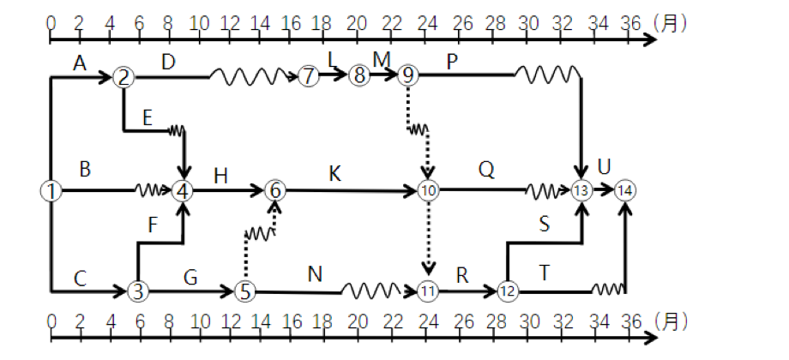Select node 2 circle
pos(124,78)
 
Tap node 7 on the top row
pos(309,76)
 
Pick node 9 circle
pos(408,76)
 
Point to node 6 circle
pos(274,190)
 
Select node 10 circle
pos(427,190)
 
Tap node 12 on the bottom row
pos(508,291)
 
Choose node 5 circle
pos(245,291)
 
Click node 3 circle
pos(136,291)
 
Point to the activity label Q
pos(486,171)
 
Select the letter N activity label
pos(315,273)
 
